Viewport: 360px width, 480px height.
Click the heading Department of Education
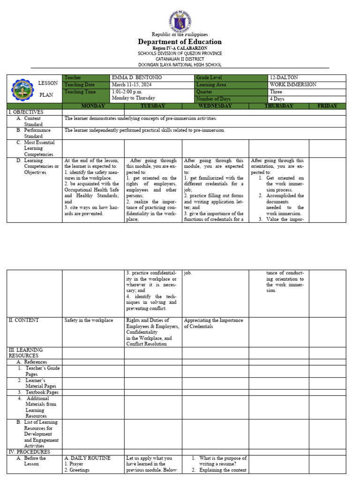point(180,42)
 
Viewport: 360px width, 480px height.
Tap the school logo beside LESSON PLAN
point(22,90)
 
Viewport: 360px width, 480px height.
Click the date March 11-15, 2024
point(127,85)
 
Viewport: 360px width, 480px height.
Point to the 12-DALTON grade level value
point(284,78)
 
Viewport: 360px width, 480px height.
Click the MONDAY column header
point(93,106)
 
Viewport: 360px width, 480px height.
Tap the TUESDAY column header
point(153,106)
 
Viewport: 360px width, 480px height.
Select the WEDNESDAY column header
point(215,106)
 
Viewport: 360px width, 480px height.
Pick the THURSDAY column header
point(278,106)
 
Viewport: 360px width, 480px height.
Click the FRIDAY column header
point(327,106)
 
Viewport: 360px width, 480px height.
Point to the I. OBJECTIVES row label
point(26,112)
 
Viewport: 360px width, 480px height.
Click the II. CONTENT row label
point(23,320)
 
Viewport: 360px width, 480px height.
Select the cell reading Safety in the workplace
point(89,320)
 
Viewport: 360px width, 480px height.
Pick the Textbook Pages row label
point(42,392)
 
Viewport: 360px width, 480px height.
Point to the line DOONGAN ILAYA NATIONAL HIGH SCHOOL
point(180,65)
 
